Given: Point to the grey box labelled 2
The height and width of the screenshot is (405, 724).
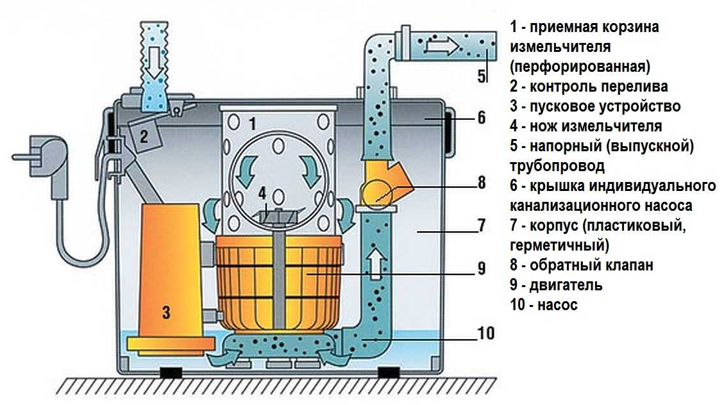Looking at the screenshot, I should pyautogui.click(x=144, y=135).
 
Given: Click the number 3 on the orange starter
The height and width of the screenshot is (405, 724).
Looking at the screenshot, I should pyautogui.click(x=166, y=313).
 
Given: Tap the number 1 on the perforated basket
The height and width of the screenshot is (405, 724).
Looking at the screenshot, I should pyautogui.click(x=252, y=124).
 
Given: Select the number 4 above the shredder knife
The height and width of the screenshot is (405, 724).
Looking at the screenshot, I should pyautogui.click(x=262, y=192).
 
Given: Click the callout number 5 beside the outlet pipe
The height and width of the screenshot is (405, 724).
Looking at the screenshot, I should pyautogui.click(x=482, y=75).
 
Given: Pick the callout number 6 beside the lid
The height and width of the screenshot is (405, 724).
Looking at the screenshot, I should pyautogui.click(x=482, y=118).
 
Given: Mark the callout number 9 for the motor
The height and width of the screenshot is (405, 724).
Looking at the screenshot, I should pyautogui.click(x=482, y=270).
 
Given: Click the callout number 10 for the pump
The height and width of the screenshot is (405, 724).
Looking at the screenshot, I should pyautogui.click(x=485, y=333).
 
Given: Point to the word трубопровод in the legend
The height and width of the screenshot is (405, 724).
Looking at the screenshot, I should pyautogui.click(x=557, y=166).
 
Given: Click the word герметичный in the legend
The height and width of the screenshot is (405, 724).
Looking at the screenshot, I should pyautogui.click(x=556, y=245).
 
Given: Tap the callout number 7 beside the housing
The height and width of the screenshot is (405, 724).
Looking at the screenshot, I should pyautogui.click(x=482, y=227).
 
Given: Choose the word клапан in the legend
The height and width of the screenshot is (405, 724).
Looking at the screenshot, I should pyautogui.click(x=626, y=265).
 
